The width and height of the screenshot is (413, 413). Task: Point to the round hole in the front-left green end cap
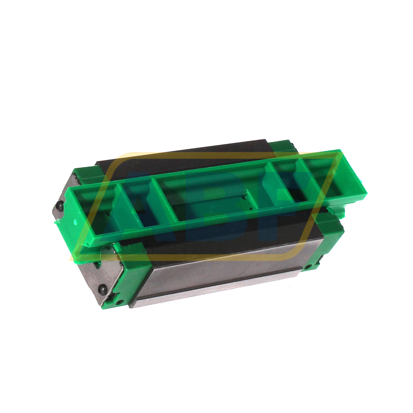120,302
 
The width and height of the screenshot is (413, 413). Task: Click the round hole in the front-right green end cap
309,267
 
